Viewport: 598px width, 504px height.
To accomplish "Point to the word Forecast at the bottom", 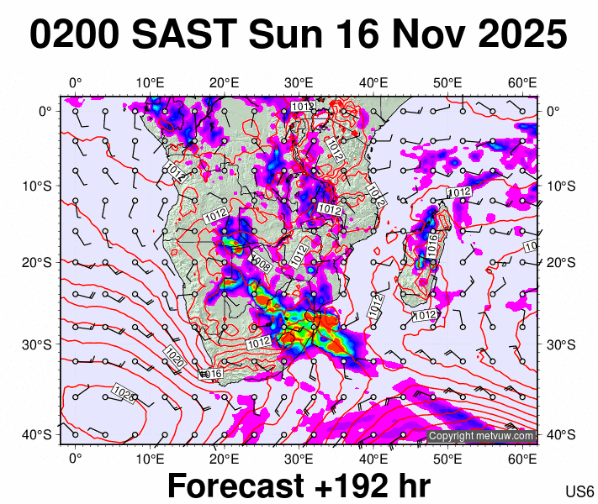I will [x=233, y=486].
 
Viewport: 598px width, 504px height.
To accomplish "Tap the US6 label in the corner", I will [x=579, y=491].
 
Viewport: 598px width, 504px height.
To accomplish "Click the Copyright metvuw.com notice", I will [x=480, y=436].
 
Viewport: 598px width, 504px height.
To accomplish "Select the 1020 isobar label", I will [x=175, y=356].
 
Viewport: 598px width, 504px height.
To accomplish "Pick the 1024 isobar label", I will [x=124, y=392].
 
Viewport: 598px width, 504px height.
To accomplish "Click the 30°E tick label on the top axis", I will [x=299, y=82].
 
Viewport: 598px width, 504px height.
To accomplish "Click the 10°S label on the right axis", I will [x=560, y=185].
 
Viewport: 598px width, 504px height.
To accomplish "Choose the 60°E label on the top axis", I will [x=523, y=82].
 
